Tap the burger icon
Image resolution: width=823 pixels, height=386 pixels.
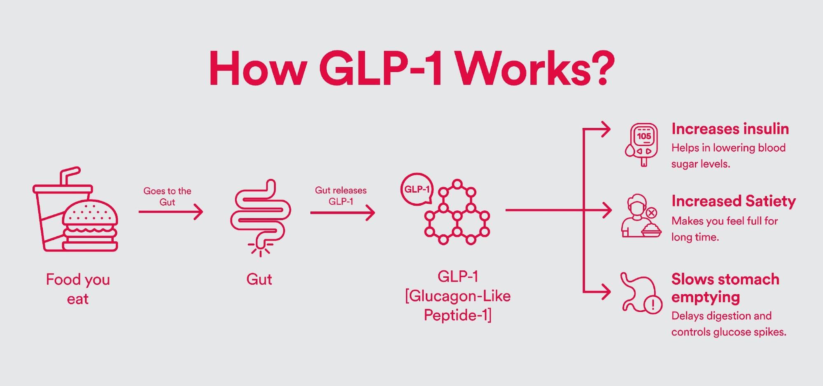click(91, 226)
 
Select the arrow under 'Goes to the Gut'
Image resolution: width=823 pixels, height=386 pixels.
click(170, 212)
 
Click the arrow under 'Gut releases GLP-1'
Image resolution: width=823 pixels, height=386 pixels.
click(342, 213)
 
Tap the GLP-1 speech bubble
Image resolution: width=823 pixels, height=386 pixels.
click(417, 189)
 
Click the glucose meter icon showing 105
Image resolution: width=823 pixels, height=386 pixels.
click(642, 144)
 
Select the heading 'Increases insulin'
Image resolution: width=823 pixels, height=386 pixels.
click(730, 129)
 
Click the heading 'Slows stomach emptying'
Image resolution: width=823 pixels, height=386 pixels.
click(725, 288)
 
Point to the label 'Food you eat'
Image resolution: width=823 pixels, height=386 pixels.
click(78, 289)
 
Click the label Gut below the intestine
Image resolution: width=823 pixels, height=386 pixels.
click(259, 279)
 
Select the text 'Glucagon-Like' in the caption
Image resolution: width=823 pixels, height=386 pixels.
click(458, 296)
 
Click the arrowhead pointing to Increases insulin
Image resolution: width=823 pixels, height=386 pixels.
click(605, 129)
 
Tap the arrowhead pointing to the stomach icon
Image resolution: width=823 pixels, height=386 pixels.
click(605, 292)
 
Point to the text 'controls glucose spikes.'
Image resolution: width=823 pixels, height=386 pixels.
click(729, 332)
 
